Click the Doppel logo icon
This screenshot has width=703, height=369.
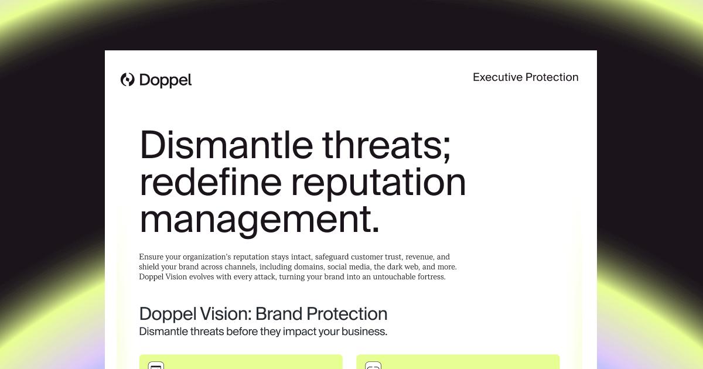click(127, 80)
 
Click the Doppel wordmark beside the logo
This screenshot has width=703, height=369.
click(166, 80)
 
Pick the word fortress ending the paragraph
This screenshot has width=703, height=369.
click(430, 277)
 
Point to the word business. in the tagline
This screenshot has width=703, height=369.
click(366, 332)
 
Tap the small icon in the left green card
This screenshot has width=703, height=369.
click(155, 366)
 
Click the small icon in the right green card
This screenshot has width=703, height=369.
click(373, 366)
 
